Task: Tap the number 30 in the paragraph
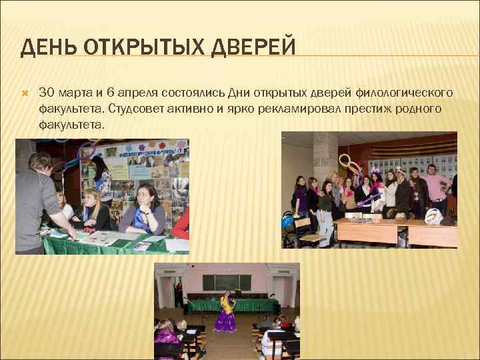[x=47, y=91]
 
